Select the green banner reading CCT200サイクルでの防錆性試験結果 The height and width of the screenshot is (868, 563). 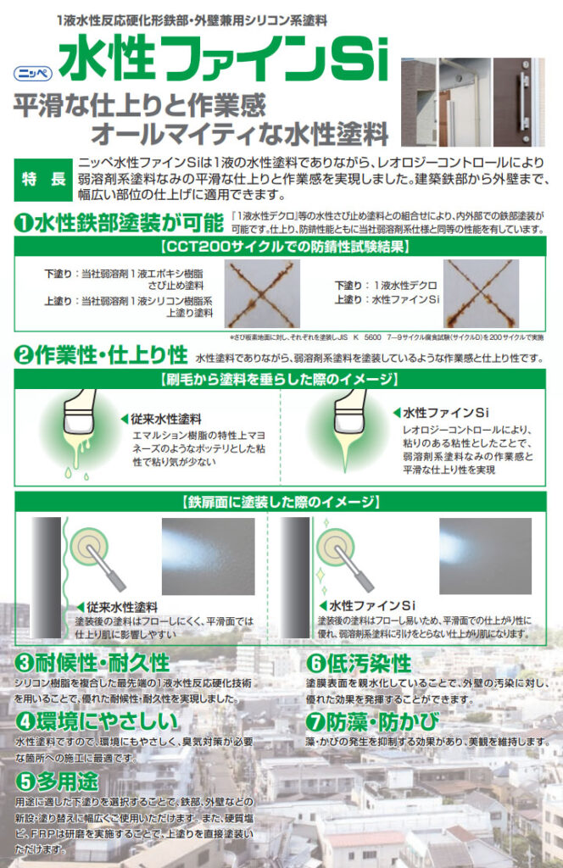coord(281,248)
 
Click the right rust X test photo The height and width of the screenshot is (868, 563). coord(481,293)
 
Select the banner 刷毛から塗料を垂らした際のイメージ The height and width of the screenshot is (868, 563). coord(281,378)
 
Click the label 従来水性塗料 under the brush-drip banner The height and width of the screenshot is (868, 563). coord(166,419)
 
